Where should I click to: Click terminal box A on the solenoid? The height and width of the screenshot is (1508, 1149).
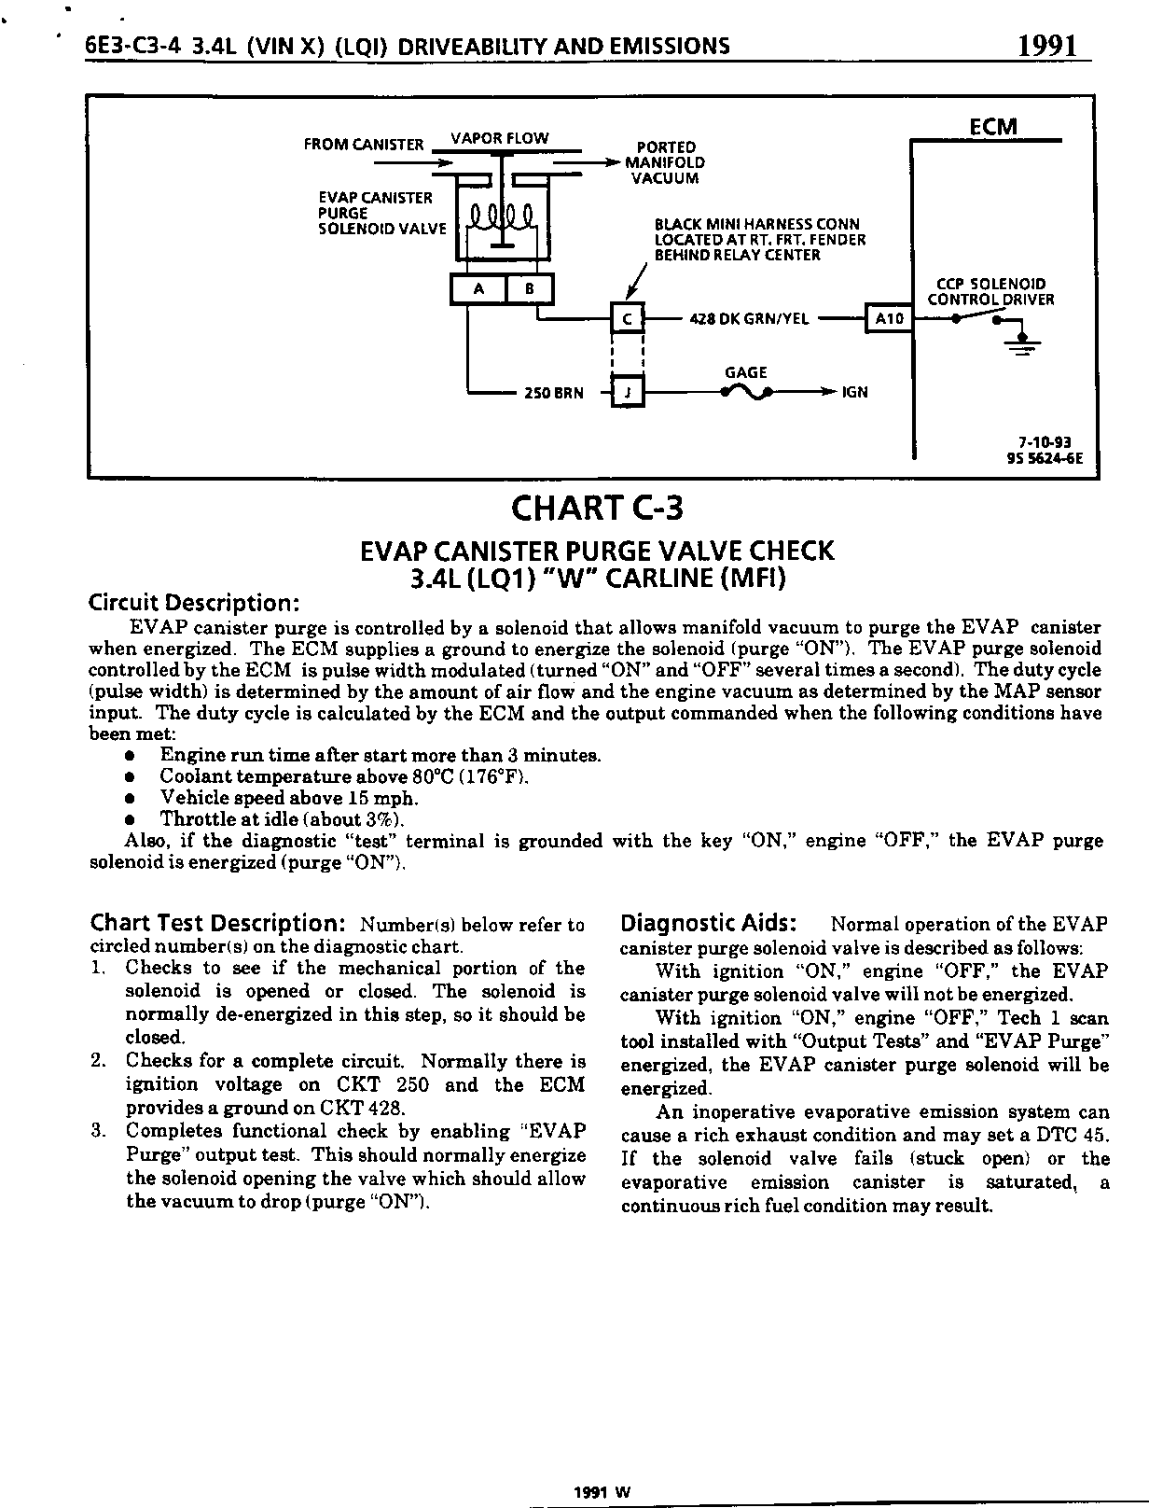click(478, 289)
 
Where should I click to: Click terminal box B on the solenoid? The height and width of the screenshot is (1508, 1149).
click(529, 289)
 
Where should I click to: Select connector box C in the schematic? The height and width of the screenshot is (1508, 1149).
click(627, 319)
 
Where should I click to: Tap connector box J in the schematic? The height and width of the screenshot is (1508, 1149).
click(627, 392)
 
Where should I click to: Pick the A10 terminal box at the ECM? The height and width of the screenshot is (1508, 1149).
click(888, 319)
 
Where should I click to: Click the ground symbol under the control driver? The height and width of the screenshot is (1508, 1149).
click(1023, 342)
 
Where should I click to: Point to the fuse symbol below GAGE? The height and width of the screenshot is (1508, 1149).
click(746, 393)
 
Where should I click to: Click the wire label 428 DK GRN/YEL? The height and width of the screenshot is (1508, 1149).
click(749, 319)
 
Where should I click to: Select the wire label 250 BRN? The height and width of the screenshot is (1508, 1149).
click(553, 393)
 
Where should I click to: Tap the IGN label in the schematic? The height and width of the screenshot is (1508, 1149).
click(854, 393)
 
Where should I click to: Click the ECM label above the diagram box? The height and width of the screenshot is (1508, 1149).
click(992, 127)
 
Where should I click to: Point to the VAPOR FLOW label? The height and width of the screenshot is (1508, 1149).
click(500, 138)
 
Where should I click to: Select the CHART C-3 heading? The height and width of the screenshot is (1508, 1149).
click(597, 509)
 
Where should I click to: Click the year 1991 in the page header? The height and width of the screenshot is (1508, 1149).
click(1048, 45)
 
